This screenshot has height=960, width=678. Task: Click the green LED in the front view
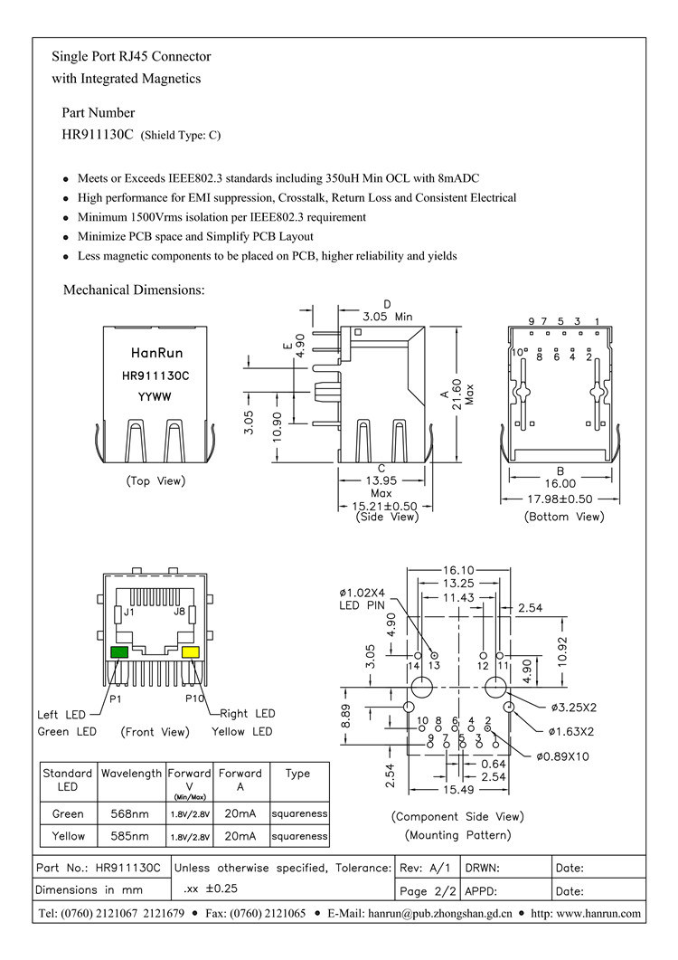[118, 652]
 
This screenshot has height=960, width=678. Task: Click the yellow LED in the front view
[190, 652]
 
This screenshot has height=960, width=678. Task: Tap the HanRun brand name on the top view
[155, 355]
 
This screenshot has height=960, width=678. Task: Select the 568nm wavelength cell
[131, 813]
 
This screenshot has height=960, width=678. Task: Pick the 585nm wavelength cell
[131, 835]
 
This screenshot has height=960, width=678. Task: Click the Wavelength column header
[131, 774]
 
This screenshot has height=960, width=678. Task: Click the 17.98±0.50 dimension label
[560, 499]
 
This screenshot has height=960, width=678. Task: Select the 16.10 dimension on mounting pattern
[458, 571]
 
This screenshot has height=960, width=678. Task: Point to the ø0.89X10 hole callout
[561, 756]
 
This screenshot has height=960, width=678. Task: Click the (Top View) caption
[155, 480]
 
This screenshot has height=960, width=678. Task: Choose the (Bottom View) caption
[563, 516]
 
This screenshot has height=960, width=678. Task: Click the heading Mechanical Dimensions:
[134, 290]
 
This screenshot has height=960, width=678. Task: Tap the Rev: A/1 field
[428, 868]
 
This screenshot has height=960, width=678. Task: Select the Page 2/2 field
[428, 890]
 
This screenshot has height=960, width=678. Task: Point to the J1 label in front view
[129, 613]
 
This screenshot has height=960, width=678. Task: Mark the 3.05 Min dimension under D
[387, 317]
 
